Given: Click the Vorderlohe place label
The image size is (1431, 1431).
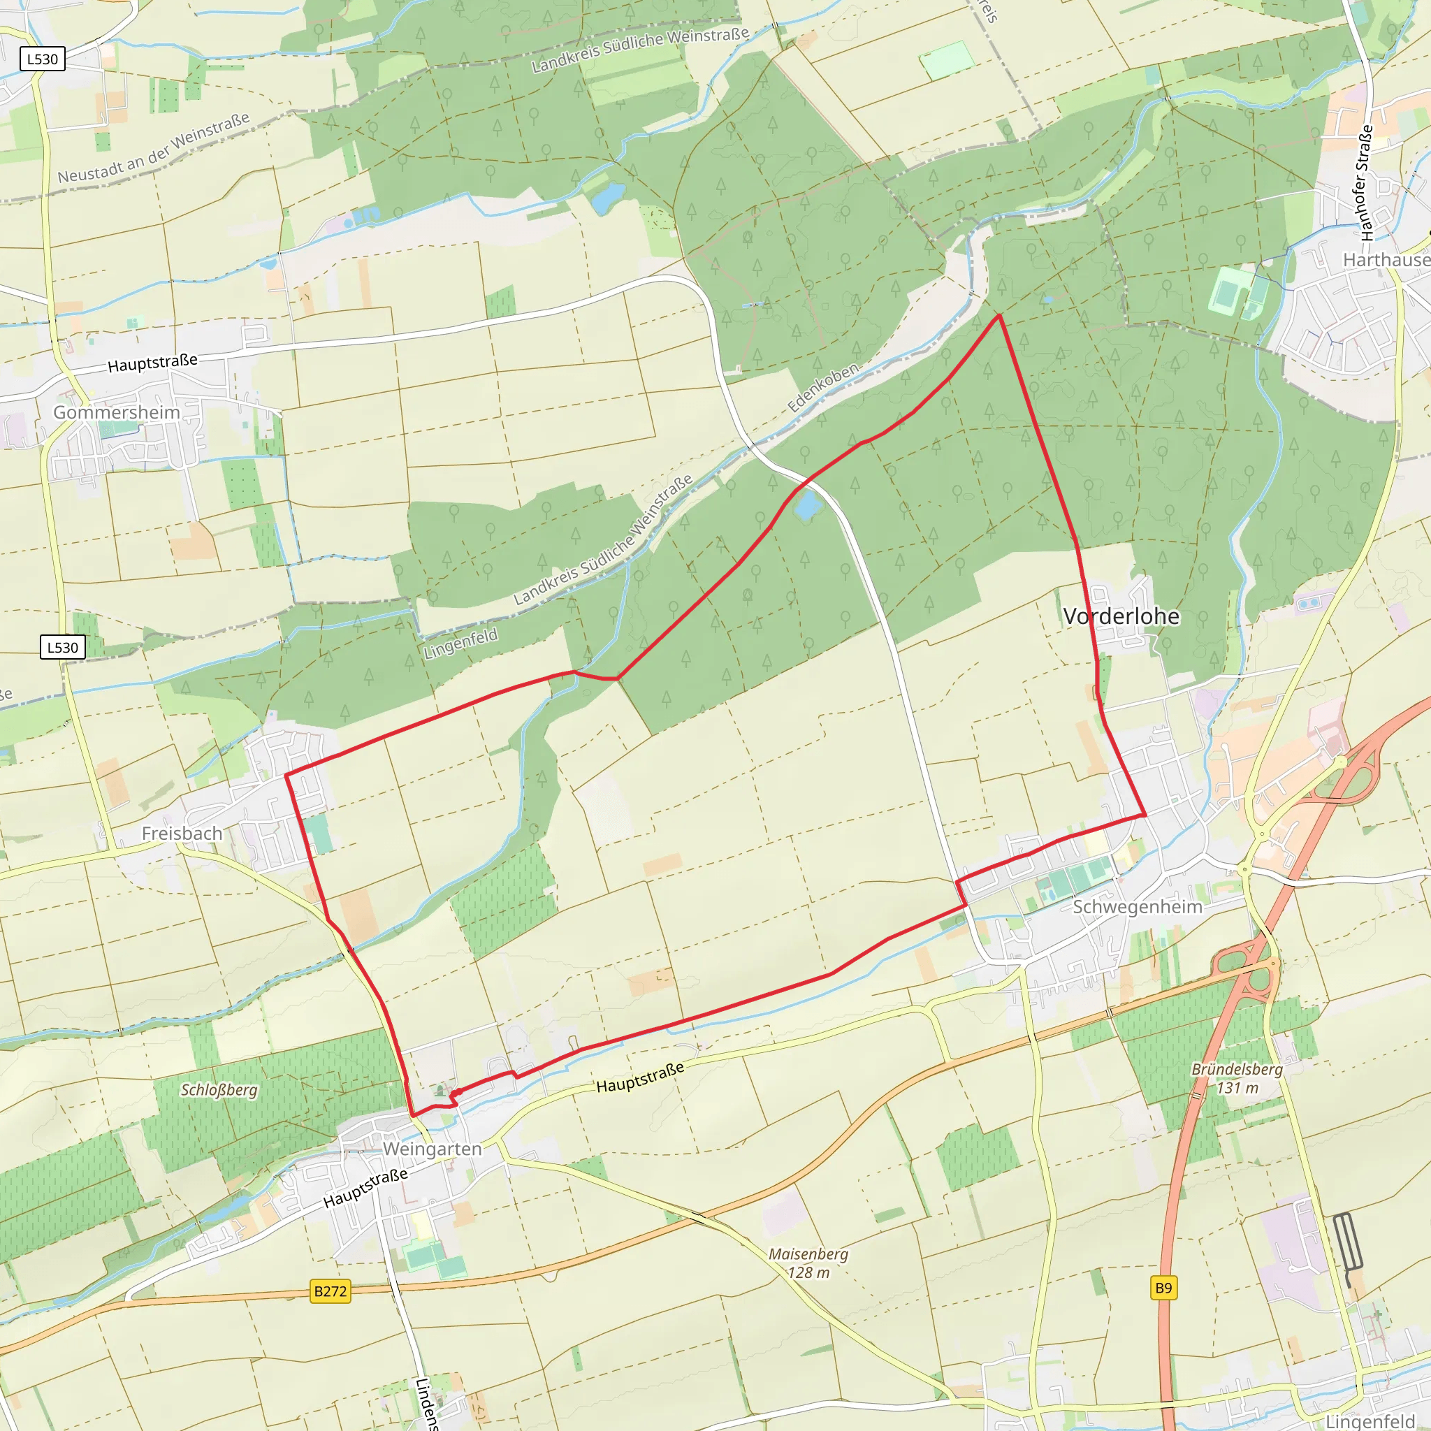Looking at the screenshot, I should (1121, 616).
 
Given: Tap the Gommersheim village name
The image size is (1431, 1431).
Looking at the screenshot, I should (116, 412).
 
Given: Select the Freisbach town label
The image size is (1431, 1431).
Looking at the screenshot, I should (182, 834).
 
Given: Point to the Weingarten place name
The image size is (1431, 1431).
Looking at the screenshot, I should (432, 1149).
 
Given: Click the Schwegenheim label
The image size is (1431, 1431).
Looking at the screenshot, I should (1137, 906).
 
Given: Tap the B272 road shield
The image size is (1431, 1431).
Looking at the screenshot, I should (330, 1291).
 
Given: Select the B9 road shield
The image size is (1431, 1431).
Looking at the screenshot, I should (1163, 1288).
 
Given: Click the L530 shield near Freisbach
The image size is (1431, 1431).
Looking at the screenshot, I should (62, 647).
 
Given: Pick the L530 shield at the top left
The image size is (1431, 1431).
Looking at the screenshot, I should (42, 59).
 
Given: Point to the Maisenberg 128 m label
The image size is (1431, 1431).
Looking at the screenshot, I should (808, 1263).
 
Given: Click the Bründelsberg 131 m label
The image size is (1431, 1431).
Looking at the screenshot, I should (1237, 1078).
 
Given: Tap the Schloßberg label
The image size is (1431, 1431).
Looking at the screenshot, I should (219, 1090).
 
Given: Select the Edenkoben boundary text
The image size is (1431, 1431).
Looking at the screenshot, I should (823, 387).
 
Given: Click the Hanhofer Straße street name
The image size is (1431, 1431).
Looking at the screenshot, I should (1365, 183).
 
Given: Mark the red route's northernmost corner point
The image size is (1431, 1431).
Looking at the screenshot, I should (999, 316).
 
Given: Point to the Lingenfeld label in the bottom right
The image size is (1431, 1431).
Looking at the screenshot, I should (1370, 1421).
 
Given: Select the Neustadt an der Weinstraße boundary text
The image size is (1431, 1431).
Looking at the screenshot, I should (153, 147).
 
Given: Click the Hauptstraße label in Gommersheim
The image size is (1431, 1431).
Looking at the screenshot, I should (152, 363).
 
